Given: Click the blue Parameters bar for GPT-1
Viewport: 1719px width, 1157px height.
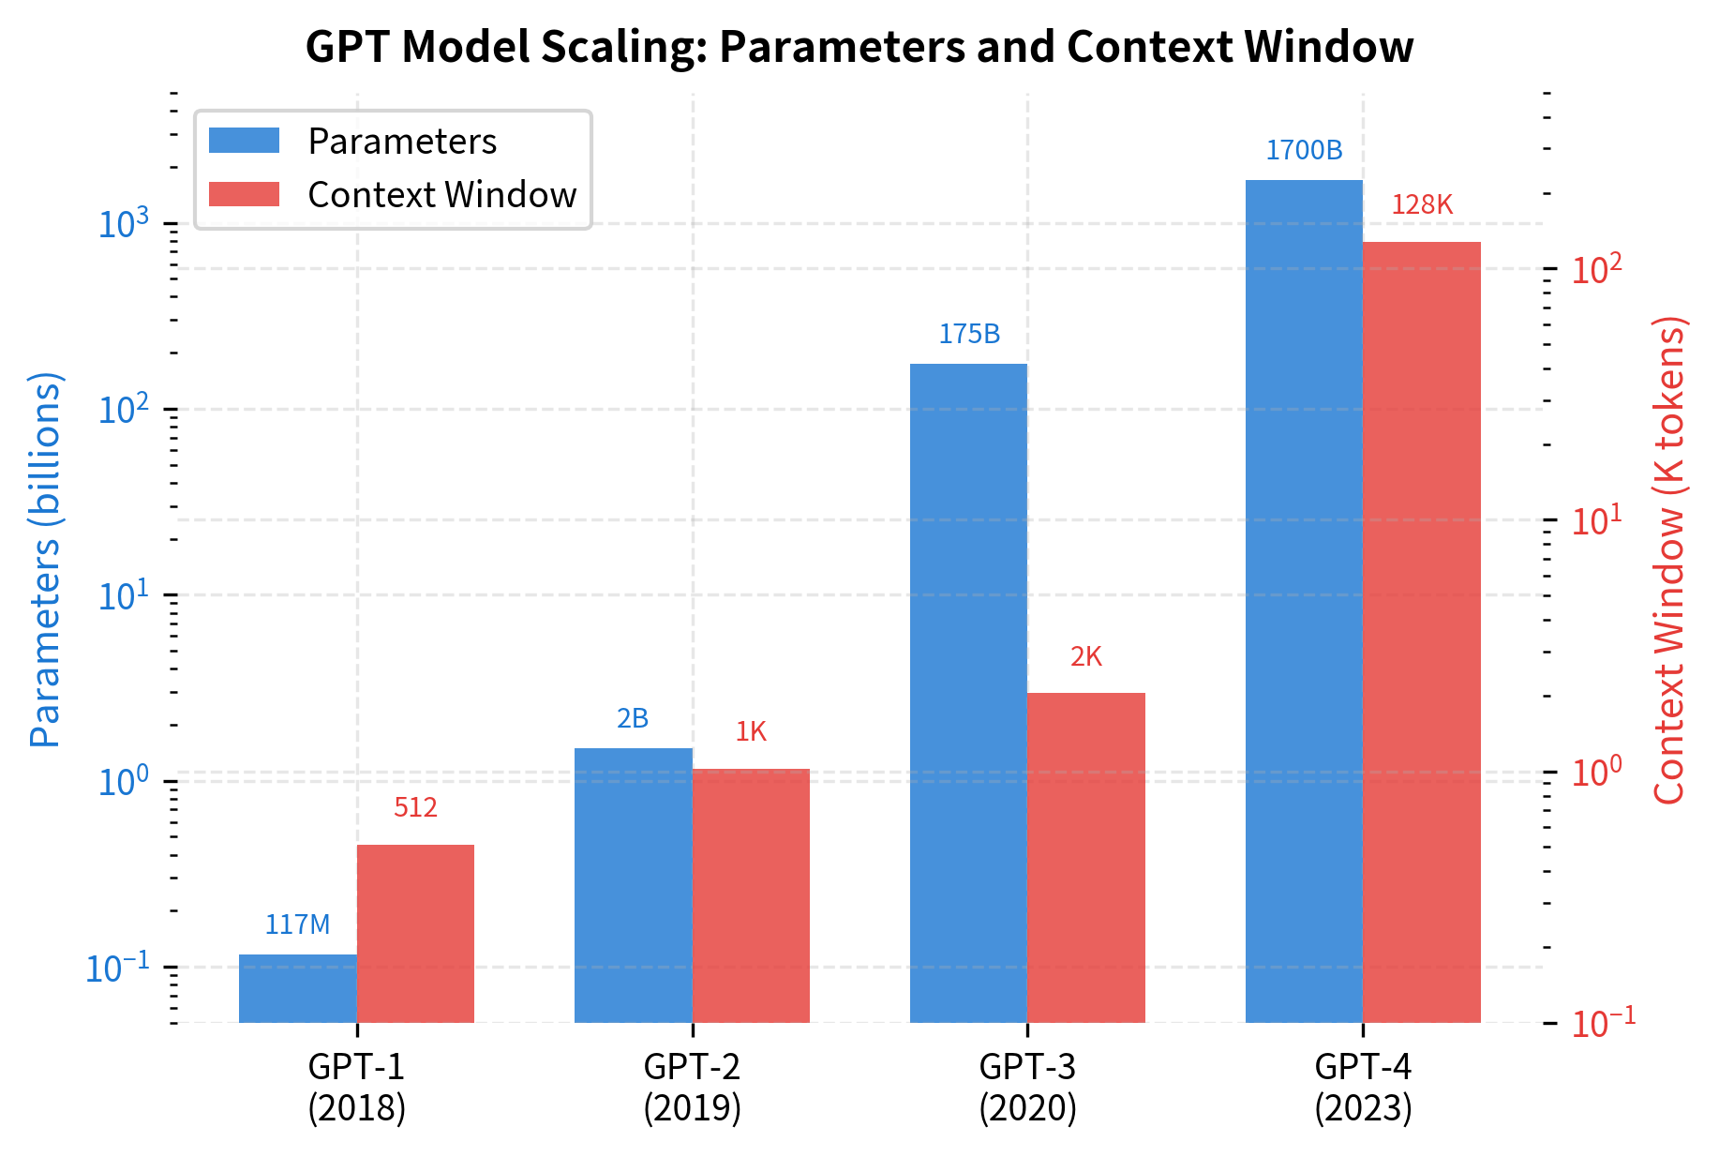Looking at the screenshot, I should [298, 988].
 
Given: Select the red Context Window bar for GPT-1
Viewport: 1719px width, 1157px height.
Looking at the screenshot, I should [415, 933].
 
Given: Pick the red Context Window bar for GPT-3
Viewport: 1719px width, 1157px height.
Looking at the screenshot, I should [1085, 857].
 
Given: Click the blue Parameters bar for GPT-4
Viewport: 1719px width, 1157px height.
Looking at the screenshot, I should [1304, 600].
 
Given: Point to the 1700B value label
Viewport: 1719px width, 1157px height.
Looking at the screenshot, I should [1304, 150].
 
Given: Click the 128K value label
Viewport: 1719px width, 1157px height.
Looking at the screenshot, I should [1421, 204].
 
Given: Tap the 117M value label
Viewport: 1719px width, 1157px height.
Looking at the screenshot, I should [298, 924].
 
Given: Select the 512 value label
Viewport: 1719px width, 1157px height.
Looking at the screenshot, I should [415, 807].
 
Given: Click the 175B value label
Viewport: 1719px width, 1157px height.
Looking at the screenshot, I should [969, 334].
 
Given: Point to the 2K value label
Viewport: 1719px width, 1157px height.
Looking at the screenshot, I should [1085, 656].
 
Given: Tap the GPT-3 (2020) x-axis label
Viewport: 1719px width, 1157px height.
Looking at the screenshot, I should [1027, 1088].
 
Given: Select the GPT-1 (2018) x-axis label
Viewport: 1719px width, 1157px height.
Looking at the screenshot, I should [356, 1088].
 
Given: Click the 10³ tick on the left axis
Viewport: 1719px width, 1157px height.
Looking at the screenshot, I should [124, 224].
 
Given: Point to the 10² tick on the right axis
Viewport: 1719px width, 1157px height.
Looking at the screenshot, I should [1597, 270].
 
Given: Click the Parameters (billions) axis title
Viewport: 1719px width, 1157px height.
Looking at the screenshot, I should [45, 560].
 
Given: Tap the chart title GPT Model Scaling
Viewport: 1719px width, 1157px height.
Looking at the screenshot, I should [859, 47].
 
